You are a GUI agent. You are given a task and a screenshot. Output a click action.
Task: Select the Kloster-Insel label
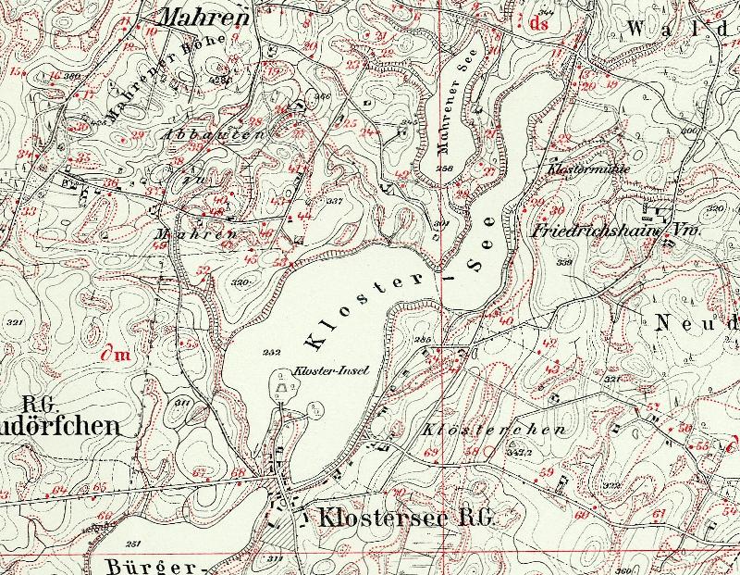click(x=330, y=370)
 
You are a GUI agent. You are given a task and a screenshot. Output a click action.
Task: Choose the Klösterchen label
click(x=480, y=431)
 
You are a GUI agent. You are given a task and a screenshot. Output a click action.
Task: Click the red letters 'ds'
click(x=539, y=24)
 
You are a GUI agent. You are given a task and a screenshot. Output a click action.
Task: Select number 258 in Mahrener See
click(x=444, y=169)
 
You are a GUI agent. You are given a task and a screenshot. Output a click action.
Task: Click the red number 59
click(x=547, y=472)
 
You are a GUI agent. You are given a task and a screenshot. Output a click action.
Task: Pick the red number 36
click(x=110, y=182)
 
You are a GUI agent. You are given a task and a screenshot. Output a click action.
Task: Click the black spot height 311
click(x=181, y=403)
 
